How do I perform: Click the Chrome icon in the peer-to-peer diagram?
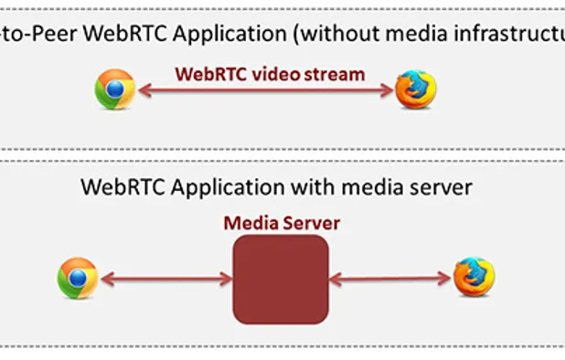click(x=115, y=90)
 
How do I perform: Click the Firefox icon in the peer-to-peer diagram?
click(x=416, y=90)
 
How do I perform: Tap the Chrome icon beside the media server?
click(x=78, y=278)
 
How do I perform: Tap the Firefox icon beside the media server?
click(x=474, y=277)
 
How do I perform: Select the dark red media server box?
click(x=281, y=279)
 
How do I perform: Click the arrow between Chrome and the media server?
click(x=165, y=279)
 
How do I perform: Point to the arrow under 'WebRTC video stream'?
click(x=266, y=90)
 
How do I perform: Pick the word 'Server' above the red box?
click(x=308, y=222)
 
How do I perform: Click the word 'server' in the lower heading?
click(x=442, y=187)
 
